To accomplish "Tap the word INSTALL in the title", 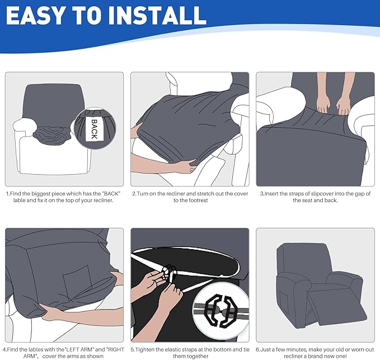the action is (x=157, y=15).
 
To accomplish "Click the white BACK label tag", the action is (x=94, y=129).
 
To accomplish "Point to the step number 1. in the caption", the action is (x=8, y=194).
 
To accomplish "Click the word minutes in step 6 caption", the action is (x=297, y=349).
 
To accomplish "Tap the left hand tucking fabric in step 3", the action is (x=323, y=104).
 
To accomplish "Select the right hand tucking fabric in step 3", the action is (x=343, y=105).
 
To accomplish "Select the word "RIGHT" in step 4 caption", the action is (x=115, y=349).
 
